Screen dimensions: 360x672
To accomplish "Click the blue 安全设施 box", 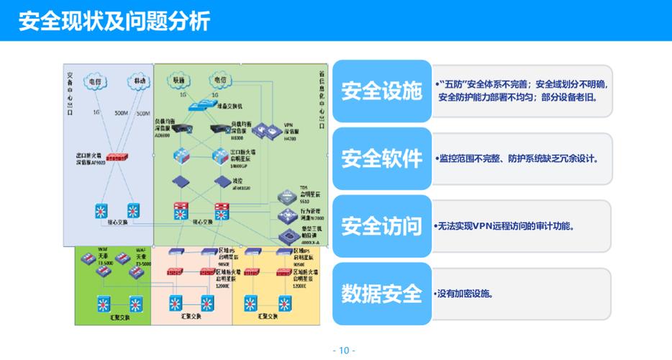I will tap(381, 91).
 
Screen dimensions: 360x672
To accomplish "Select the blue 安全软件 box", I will tap(381, 159).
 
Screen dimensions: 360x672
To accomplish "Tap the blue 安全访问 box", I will tap(381, 226).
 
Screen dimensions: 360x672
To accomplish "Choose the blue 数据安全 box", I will tap(381, 294).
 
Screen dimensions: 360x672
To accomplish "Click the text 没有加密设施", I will tap(464, 294).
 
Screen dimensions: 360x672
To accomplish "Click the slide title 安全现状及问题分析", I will tap(114, 21).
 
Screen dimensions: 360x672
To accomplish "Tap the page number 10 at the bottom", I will tap(343, 351).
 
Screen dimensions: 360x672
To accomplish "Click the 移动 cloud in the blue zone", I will tap(136, 81).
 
